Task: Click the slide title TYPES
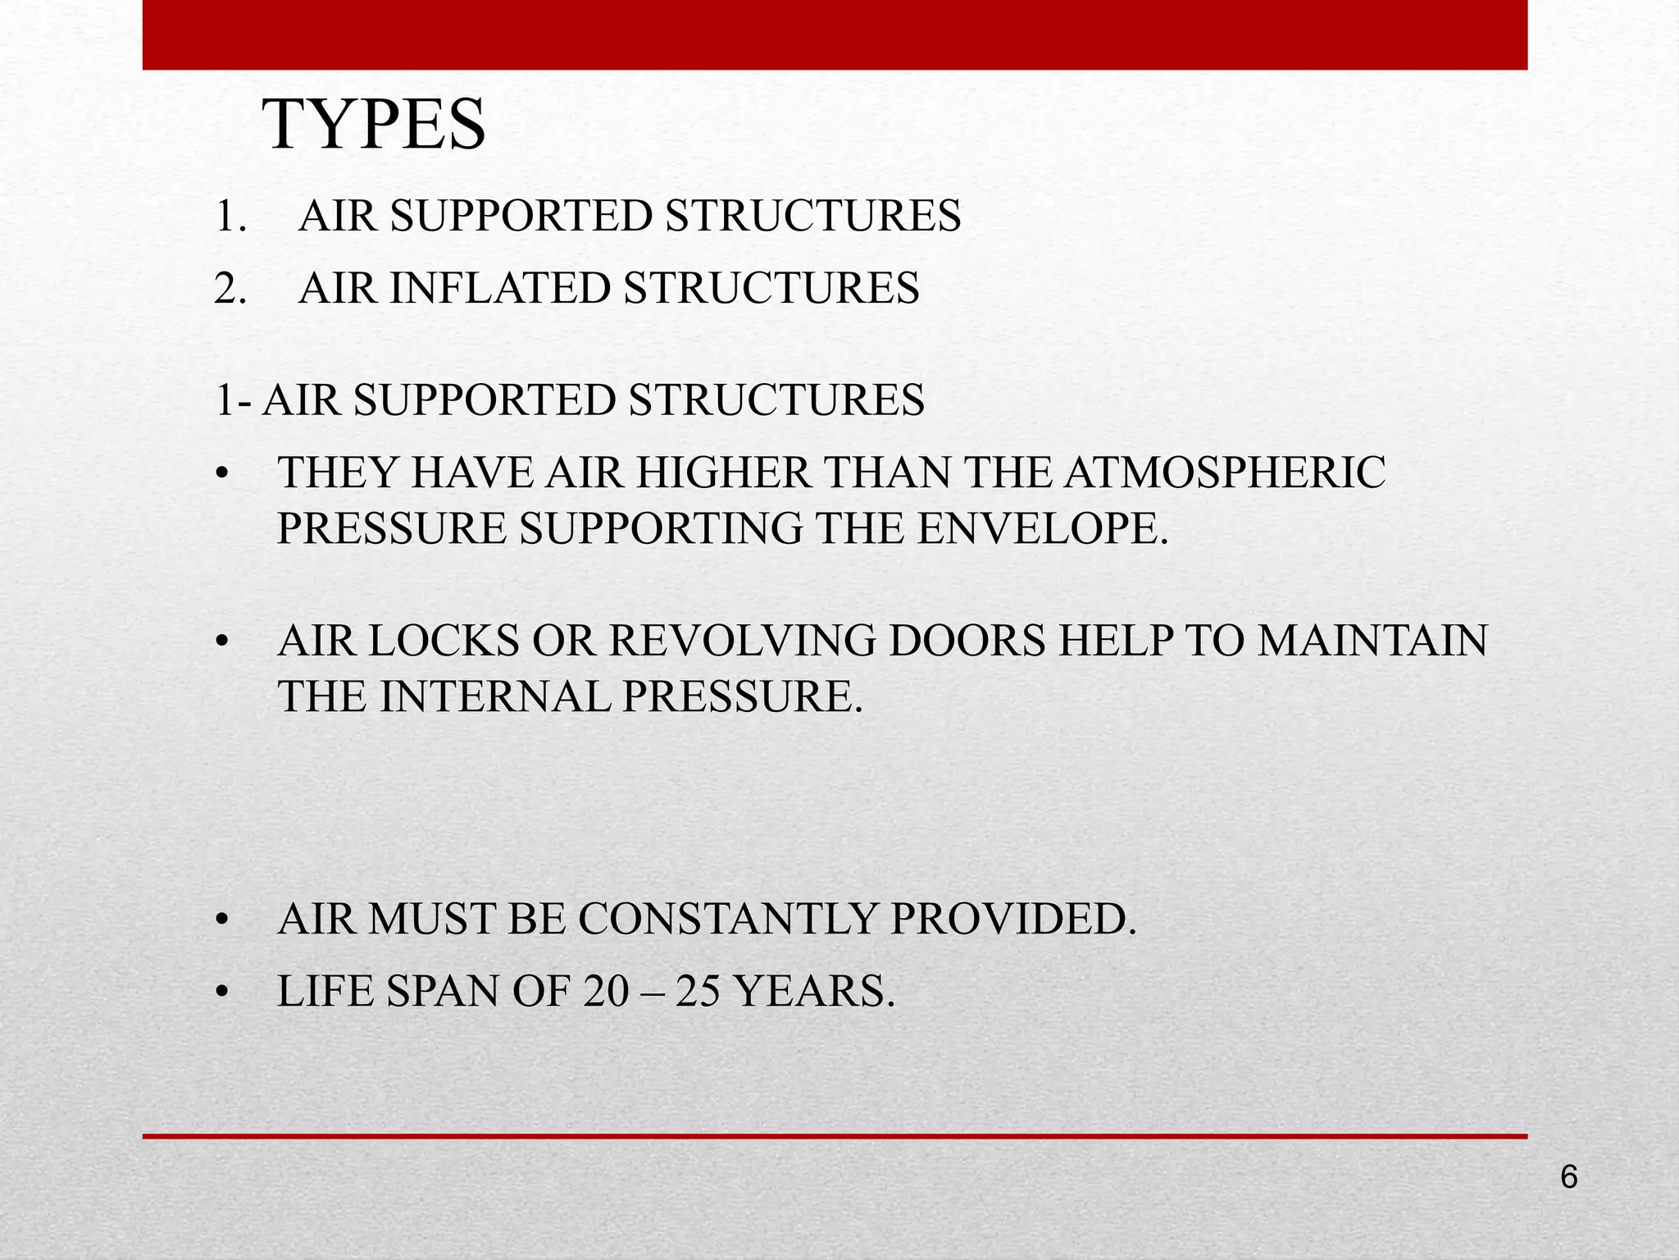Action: coord(374,125)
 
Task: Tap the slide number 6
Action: coord(1568,1177)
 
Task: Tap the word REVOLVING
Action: coord(743,641)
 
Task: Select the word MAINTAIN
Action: coord(1372,641)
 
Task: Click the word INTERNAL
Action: coord(495,696)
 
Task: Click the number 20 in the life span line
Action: coord(607,991)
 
